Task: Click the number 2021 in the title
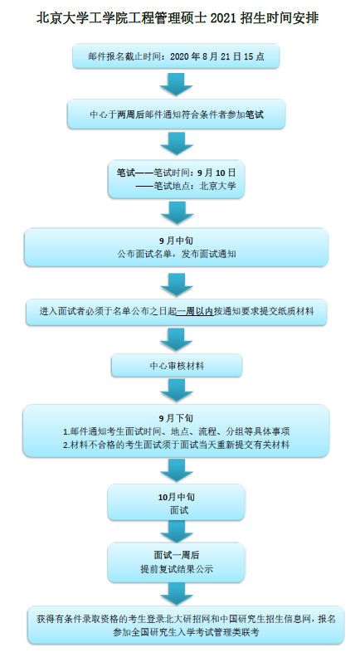pos(223,17)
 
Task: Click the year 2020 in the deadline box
pos(180,56)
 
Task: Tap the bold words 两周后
pos(131,114)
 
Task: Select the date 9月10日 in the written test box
pos(216,173)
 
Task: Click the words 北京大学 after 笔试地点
pos(218,186)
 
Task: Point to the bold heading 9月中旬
pos(177,241)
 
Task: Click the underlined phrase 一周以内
pos(195,311)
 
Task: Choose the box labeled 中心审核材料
pos(177,366)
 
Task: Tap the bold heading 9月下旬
pos(177,418)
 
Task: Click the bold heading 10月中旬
pos(177,497)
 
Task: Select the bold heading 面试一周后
pos(177,555)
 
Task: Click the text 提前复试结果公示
pos(177,569)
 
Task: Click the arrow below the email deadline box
pos(177,84)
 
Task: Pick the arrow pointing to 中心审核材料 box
pos(177,339)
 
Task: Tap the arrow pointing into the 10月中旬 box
pos(177,470)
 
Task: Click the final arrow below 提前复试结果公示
pos(177,594)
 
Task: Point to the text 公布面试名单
pos(144,254)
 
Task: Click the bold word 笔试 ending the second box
pos(255,114)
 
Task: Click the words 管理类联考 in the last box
pos(236,632)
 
